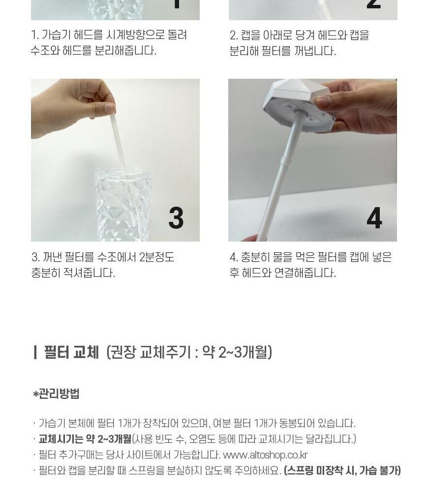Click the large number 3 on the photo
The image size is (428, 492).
click(176, 218)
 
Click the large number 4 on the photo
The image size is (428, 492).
click(374, 218)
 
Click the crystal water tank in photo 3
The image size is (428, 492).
click(123, 204)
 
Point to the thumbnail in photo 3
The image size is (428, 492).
click(110, 108)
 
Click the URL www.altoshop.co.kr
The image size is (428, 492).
click(265, 455)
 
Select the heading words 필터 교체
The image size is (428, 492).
click(71, 352)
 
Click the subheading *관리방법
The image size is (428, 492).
click(56, 394)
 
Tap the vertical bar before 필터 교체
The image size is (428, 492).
click(35, 352)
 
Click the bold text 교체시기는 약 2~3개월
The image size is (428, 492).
click(85, 439)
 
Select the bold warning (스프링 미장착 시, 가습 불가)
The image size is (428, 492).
click(342, 471)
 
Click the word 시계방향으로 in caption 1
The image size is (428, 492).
click(136, 35)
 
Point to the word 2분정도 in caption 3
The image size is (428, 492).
click(156, 257)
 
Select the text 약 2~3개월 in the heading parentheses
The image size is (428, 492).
click(235, 352)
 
